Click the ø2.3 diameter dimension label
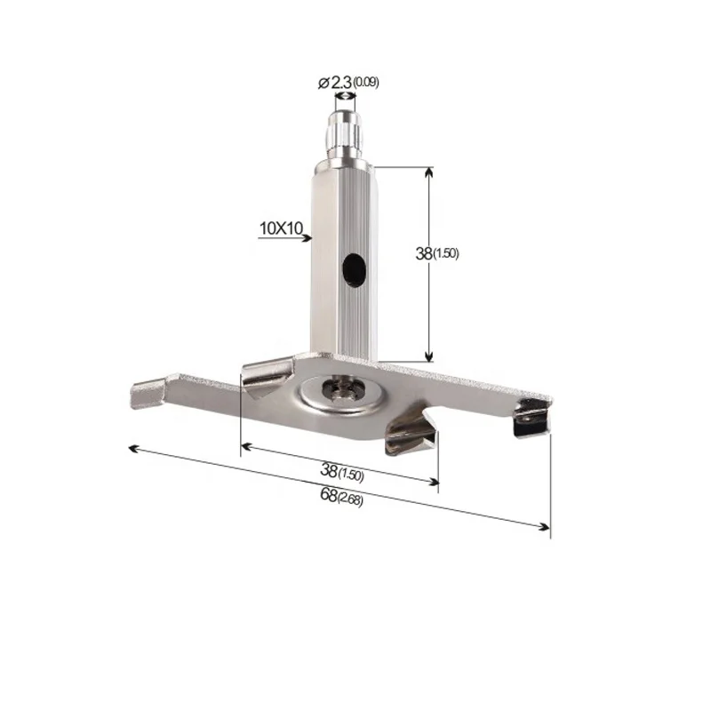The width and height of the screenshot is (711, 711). [334, 82]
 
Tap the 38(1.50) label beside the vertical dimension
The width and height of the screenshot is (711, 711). [436, 253]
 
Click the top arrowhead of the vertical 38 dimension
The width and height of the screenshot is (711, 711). [430, 171]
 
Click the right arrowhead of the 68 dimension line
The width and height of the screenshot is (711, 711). [546, 528]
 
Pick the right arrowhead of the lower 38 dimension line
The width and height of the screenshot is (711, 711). [435, 483]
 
